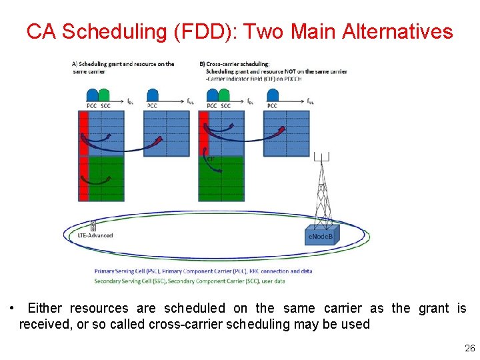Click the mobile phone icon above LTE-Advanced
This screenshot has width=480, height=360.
(93, 226)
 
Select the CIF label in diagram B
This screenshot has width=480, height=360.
(211, 159)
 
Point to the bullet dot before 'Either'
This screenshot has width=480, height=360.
(13, 308)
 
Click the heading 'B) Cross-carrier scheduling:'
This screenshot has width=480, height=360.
(233, 64)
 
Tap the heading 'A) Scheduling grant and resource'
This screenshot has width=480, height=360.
(123, 64)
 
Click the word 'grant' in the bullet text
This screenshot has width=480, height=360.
(434, 308)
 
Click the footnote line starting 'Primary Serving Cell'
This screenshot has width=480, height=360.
(203, 271)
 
